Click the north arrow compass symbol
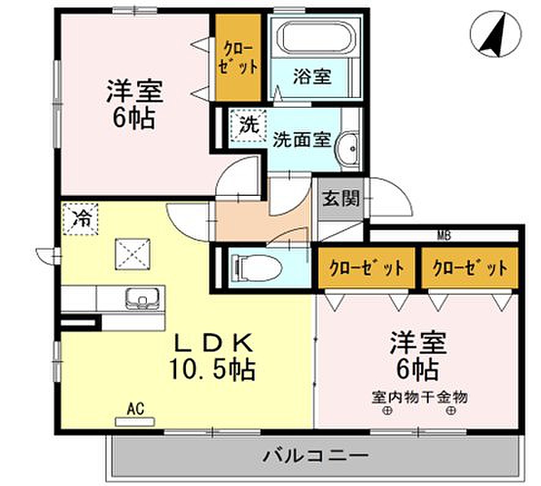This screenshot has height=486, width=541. pos(496,34)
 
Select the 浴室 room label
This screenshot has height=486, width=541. pos(312,77)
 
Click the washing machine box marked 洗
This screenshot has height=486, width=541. pos(248,125)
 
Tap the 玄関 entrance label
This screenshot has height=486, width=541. pos(341,198)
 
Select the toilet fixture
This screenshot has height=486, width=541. pos(258,267)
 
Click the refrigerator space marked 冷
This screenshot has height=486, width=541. pos(81,219)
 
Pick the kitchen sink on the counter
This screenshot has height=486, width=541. pos(143,298)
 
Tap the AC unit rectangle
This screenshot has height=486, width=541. pos(135,422)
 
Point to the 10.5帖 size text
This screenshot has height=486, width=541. pos(212,370)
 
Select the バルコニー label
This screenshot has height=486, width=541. pos(316,455)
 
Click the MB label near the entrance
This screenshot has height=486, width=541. pos(444,236)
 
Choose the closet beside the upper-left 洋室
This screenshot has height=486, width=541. pos(237,58)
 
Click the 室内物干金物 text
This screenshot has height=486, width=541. pos(419,398)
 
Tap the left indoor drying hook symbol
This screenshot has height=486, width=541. pos(387,411)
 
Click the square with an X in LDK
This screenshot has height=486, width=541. pos(133,255)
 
